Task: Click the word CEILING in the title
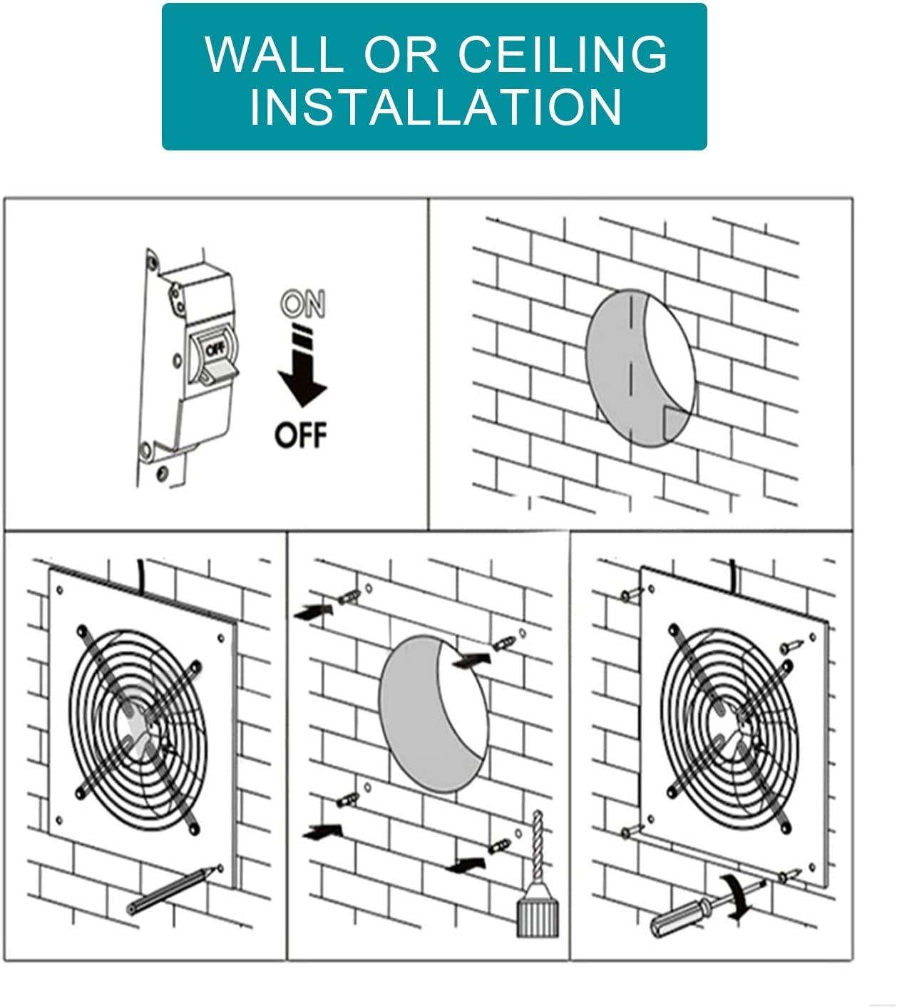pyautogui.click(x=563, y=53)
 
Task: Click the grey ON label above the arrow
pyautogui.click(x=302, y=304)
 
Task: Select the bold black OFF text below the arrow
pyautogui.click(x=300, y=434)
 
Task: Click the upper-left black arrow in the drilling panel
pyautogui.click(x=313, y=611)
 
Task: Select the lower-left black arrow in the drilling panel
pyautogui.click(x=322, y=830)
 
